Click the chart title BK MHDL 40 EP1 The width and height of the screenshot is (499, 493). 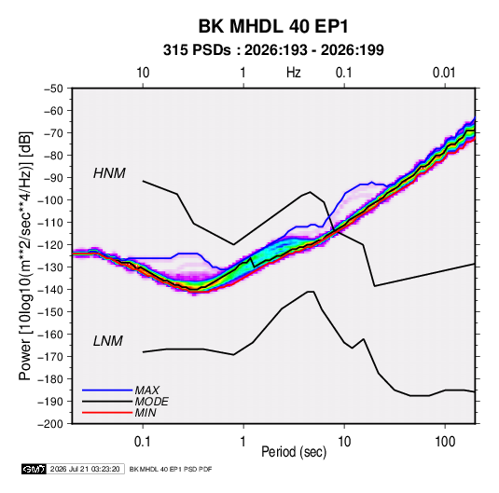click(x=273, y=26)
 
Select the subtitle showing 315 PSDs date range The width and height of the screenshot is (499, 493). click(x=273, y=50)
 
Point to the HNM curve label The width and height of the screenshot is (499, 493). click(x=109, y=173)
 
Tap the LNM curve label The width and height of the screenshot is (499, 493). click(x=108, y=341)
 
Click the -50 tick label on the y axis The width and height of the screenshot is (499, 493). click(x=53, y=89)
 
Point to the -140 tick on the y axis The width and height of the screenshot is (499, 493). click(x=50, y=290)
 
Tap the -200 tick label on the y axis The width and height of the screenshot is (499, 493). click(x=50, y=424)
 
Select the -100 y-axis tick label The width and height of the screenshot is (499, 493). click(x=50, y=200)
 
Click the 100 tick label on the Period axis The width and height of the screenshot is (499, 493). click(x=445, y=442)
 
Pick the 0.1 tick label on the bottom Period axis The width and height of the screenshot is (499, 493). click(x=143, y=442)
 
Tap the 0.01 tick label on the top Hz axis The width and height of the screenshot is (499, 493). click(x=444, y=73)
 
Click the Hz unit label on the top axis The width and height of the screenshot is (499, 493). click(x=294, y=73)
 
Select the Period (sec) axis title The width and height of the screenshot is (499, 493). click(x=294, y=452)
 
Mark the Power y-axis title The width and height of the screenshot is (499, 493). click(x=25, y=256)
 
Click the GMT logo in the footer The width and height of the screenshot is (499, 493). click(x=35, y=469)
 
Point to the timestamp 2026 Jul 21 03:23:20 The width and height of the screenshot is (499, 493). click(x=85, y=469)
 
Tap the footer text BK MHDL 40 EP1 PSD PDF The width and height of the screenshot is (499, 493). click(x=171, y=469)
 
